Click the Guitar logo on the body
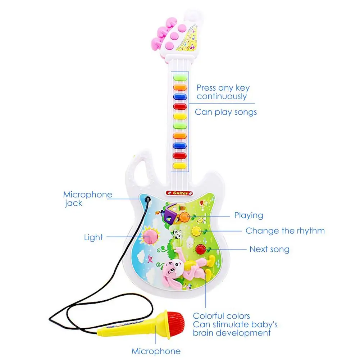[x=179, y=193]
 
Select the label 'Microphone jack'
[x=87, y=199]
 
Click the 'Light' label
[x=93, y=237]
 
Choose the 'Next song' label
[x=269, y=249]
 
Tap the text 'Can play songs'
[x=226, y=112]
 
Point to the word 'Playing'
[x=249, y=216]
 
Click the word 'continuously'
[x=222, y=96]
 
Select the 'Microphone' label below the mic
[x=156, y=351]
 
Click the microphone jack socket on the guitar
[x=146, y=199]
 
